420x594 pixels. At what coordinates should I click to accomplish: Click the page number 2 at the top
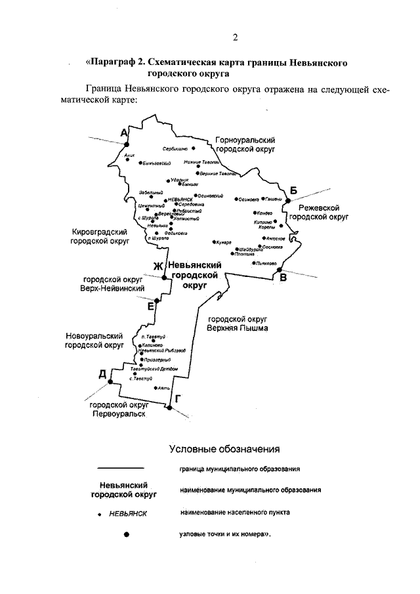(x=234, y=36)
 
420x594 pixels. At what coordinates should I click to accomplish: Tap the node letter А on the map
(x=123, y=133)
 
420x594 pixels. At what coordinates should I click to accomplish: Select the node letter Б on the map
(x=294, y=191)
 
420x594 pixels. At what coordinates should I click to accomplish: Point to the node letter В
(x=283, y=278)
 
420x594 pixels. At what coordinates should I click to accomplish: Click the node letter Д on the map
(x=102, y=374)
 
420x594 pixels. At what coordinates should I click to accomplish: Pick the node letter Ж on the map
(x=157, y=266)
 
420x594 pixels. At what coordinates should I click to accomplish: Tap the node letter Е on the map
(x=151, y=306)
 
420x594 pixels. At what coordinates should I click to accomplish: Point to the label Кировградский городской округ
(x=100, y=236)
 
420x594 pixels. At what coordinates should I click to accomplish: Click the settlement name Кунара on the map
(x=224, y=242)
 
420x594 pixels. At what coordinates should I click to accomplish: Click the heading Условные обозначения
(x=224, y=450)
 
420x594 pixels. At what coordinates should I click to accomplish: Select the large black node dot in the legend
(x=127, y=535)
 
